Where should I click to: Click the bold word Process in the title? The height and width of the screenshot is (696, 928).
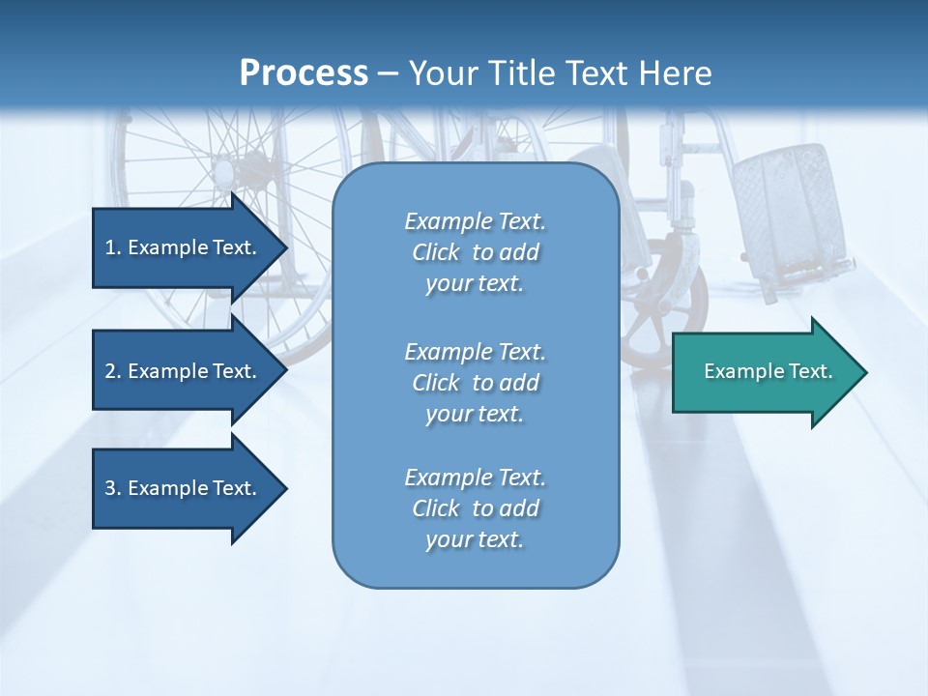point(304,73)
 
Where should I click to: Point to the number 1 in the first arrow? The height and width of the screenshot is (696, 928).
point(111,247)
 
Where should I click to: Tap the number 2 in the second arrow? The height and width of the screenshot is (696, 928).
point(111,371)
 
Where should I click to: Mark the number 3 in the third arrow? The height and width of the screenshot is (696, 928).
point(111,488)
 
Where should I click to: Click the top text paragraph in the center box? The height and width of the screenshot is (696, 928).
point(475,252)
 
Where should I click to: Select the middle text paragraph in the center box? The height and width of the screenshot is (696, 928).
point(475,383)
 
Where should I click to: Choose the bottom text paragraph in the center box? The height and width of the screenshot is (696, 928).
point(475,508)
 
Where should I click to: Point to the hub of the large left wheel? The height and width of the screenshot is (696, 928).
point(224,174)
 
